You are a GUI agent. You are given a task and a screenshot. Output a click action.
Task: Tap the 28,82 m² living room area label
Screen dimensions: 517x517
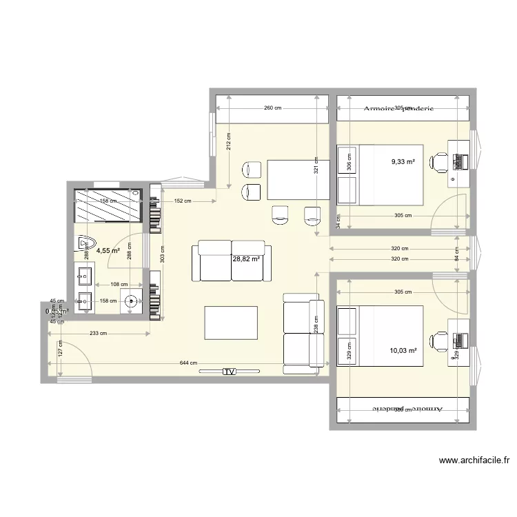[x=246, y=259]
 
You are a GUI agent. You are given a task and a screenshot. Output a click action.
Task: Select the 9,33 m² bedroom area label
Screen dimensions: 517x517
[x=403, y=162]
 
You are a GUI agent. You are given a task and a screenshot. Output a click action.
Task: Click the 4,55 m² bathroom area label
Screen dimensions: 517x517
[x=108, y=251]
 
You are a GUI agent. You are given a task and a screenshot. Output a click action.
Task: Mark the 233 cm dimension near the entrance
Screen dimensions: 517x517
[x=99, y=334]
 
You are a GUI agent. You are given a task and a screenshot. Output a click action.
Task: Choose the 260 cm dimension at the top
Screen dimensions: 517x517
[x=273, y=108]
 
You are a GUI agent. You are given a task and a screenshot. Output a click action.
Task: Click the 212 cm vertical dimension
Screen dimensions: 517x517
[x=229, y=141]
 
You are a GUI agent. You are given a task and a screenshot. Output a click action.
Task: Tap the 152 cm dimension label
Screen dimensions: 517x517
[x=183, y=201]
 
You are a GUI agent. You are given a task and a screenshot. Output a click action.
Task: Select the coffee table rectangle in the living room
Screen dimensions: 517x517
[x=232, y=323]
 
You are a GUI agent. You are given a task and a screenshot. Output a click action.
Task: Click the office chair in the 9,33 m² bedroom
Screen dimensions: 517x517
[x=438, y=162]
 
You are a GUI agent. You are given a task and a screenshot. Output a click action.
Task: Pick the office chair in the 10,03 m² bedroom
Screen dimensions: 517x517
[x=438, y=340]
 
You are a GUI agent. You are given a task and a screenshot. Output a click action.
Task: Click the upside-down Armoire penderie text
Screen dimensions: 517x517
[x=403, y=408]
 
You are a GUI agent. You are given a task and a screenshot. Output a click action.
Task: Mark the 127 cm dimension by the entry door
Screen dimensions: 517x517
[x=61, y=348]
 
